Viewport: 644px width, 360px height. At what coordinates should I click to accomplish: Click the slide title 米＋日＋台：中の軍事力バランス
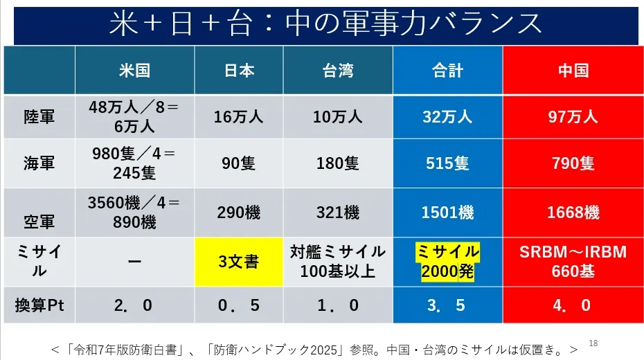tap(325, 24)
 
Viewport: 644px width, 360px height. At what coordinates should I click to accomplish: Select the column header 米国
tap(134, 71)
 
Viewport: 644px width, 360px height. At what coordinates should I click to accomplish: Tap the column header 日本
tap(239, 71)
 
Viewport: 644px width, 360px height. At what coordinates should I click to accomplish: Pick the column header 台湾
tap(337, 71)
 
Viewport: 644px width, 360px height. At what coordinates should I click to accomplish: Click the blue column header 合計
tap(447, 71)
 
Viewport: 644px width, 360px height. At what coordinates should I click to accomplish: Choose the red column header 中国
tap(573, 71)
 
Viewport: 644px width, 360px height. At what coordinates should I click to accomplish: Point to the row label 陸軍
tap(39, 117)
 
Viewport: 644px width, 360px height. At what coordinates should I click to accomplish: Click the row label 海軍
tap(39, 163)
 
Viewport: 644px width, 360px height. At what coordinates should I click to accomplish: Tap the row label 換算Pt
tap(39, 305)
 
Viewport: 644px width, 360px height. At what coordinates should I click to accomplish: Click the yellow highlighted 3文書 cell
tap(239, 262)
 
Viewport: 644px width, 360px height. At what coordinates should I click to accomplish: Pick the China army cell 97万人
tap(573, 117)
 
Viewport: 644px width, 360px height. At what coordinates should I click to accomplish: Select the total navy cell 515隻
tap(447, 163)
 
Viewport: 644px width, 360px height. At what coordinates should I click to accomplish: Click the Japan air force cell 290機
tap(239, 213)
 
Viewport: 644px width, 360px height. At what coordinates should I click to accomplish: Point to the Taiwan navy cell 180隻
tap(337, 163)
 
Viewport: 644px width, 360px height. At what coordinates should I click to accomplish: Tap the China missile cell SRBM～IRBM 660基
tap(573, 262)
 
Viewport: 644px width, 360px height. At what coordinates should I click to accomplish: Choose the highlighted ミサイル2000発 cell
tap(447, 262)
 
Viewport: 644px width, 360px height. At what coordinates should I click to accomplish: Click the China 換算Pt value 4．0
tap(573, 305)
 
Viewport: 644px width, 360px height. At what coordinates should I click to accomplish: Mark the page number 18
tap(593, 342)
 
